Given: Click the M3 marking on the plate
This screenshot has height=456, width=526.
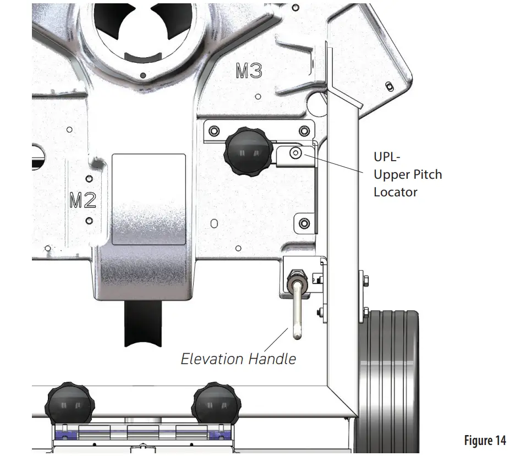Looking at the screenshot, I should [x=249, y=71].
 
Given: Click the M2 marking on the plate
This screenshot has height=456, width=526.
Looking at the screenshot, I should [x=83, y=200].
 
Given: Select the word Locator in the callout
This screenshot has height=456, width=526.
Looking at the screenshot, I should [x=395, y=192].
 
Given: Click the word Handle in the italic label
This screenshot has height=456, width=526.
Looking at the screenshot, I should [x=272, y=359].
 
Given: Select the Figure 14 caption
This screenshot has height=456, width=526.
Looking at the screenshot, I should [x=485, y=440].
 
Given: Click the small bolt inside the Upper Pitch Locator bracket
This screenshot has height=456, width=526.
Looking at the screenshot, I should [x=296, y=153].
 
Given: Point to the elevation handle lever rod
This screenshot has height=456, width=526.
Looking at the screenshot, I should [x=298, y=311].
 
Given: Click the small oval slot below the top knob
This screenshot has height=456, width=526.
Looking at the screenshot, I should [x=214, y=223].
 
